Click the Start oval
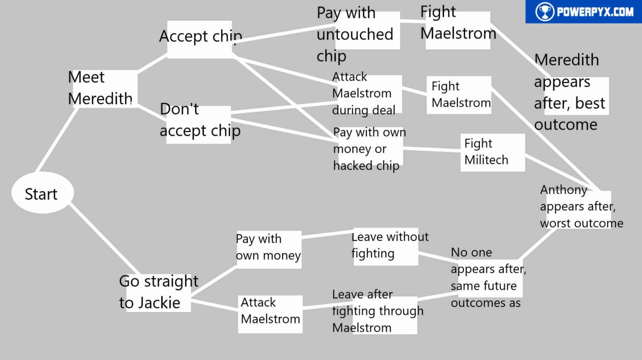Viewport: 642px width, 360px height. click(x=43, y=193)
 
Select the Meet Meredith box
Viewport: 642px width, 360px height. click(x=103, y=89)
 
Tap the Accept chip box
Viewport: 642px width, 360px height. click(x=200, y=39)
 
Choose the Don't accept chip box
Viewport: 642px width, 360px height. click(x=199, y=124)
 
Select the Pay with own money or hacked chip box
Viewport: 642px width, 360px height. click(x=368, y=149)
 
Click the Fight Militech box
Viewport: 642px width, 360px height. click(x=492, y=153)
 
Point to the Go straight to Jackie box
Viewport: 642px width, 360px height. click(x=158, y=293)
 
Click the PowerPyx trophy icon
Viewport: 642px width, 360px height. click(x=544, y=12)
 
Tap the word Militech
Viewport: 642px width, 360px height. click(x=486, y=160)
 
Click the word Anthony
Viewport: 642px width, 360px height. click(x=563, y=190)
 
